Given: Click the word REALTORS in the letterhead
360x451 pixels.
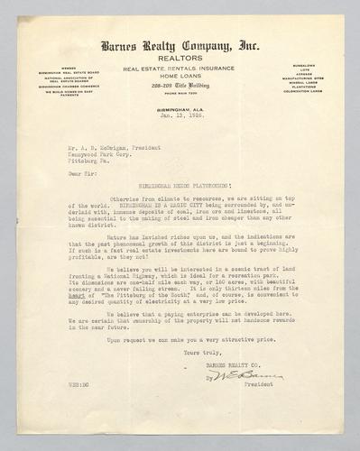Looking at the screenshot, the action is coord(179,55).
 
